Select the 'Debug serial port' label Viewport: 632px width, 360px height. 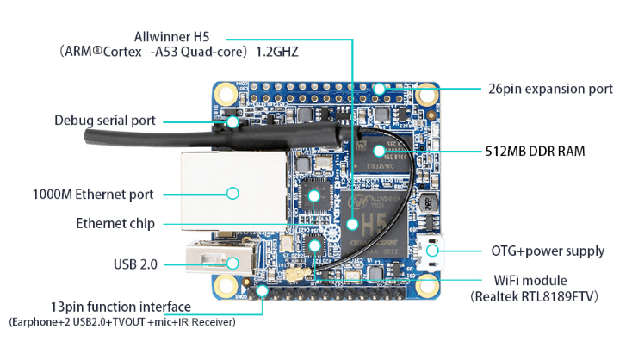coord(105,121)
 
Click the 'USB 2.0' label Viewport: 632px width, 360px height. coord(135,264)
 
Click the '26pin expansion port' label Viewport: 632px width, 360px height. coord(550,89)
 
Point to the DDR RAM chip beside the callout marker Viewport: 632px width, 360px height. coord(392,152)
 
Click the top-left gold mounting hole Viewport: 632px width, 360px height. coord(226,93)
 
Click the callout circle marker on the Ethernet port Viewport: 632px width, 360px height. coord(232,194)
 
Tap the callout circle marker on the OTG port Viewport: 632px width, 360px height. coord(432,251)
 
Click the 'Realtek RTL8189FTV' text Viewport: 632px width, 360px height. coord(535,296)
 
